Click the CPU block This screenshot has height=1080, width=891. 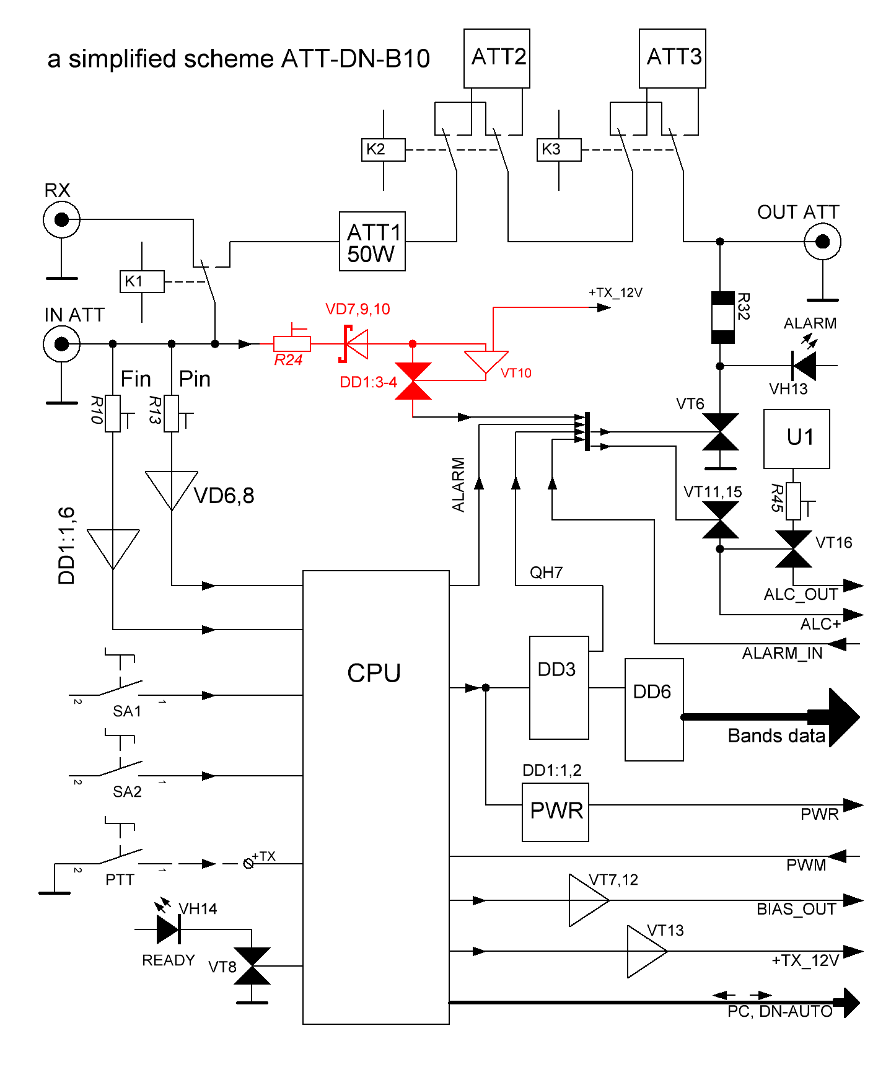(375, 796)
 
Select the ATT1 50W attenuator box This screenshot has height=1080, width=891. (372, 242)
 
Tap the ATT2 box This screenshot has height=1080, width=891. (496, 58)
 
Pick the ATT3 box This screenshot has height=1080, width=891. (672, 58)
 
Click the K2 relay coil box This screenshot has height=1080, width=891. (383, 150)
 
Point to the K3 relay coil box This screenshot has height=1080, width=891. (558, 150)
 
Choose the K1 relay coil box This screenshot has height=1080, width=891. (142, 281)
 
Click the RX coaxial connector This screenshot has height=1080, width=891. (61, 219)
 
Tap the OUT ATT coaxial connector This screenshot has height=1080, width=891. (822, 242)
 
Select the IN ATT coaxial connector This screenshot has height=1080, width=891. (61, 343)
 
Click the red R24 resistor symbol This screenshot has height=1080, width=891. (292, 343)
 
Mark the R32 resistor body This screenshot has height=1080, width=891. (722, 317)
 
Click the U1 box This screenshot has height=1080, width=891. (796, 439)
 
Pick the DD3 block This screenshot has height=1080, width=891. (559, 687)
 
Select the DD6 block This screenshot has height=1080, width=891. (654, 709)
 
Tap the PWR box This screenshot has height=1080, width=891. (555, 812)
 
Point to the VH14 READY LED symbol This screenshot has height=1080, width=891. (168, 929)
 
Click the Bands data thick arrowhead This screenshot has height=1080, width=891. (844, 717)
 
